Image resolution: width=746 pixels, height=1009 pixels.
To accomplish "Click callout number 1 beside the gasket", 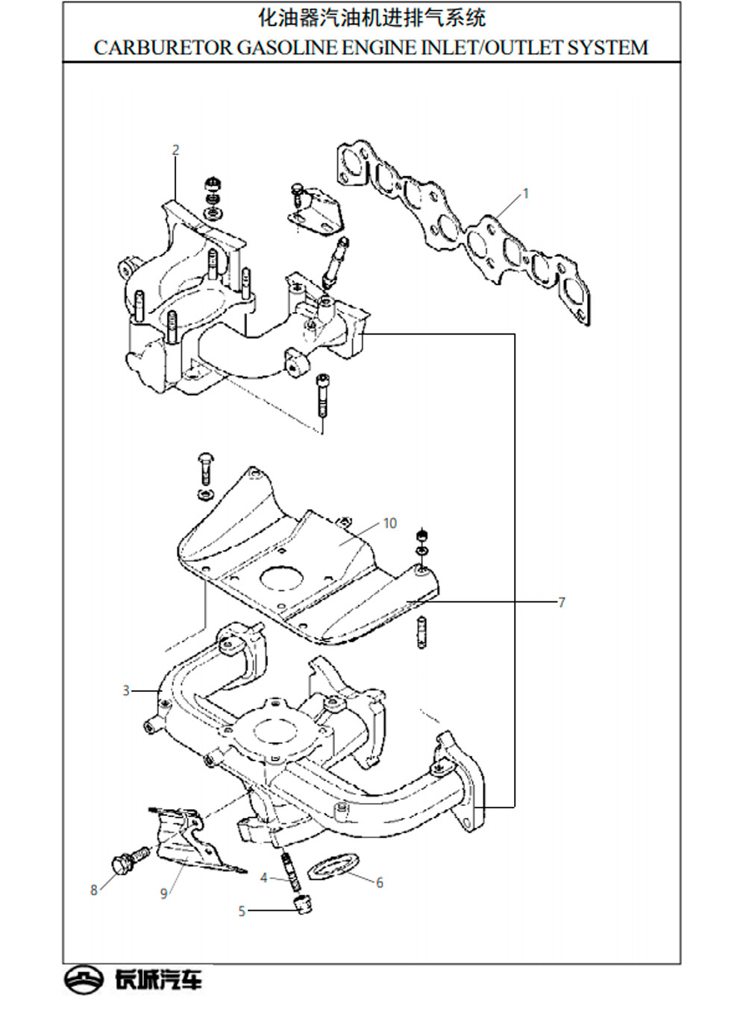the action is pos(526,194).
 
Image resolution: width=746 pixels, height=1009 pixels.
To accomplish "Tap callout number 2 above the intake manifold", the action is pos(176,150).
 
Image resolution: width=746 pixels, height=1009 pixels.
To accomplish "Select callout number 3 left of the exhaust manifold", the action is pos(127,691).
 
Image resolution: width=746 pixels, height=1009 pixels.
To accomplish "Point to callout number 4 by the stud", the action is pos(264,878).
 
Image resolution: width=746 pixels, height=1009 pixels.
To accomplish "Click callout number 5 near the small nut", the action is pos(242,911).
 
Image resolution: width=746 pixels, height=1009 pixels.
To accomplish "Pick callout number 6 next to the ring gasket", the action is pos(380,883).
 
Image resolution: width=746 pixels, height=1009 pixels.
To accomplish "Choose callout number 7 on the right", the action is pos(562,602).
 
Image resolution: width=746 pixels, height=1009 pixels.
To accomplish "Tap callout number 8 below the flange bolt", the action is pos(94,890).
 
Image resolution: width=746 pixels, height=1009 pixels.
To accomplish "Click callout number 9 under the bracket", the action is pos(164,893).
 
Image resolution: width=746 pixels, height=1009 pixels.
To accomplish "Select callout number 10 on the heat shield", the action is pos(390,523).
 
